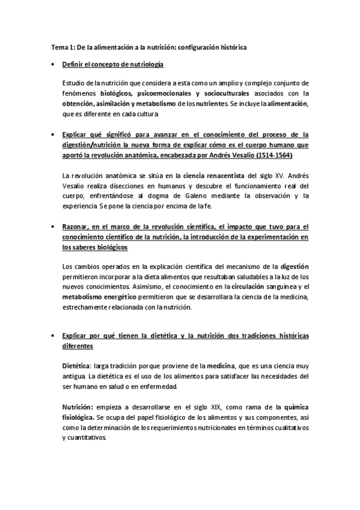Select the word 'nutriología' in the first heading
click(x=143, y=64)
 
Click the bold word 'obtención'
click(x=80, y=103)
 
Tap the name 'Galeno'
click(x=165, y=196)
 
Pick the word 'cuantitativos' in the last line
click(x=86, y=438)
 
